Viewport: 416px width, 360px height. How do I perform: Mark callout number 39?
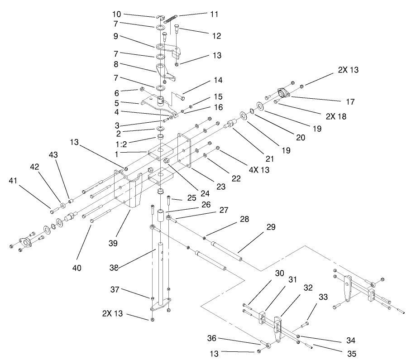113,243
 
